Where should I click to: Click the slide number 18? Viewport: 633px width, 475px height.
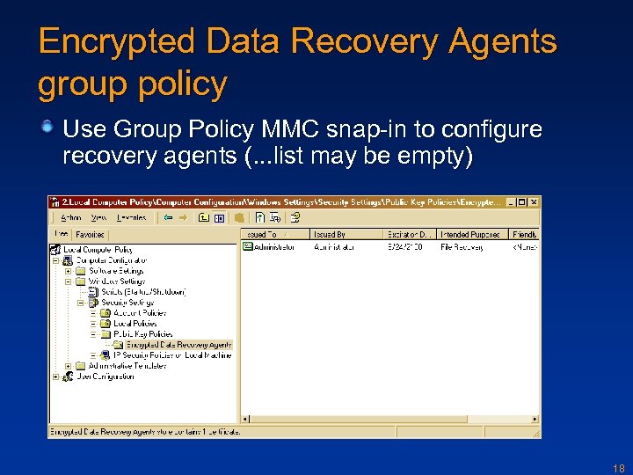[x=618, y=469]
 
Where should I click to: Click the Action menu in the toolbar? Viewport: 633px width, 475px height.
[x=71, y=217]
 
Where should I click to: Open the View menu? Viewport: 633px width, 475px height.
[x=99, y=217]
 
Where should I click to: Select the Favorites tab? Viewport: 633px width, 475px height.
[x=90, y=235]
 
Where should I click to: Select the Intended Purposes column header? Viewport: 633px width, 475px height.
[x=472, y=235]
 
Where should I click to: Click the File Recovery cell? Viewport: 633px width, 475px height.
[x=462, y=247]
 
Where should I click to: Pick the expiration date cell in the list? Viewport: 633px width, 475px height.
[x=407, y=247]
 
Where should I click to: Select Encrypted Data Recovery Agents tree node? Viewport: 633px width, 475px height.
[x=178, y=345]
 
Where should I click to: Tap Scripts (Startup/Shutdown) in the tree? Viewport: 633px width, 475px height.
[x=143, y=292]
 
